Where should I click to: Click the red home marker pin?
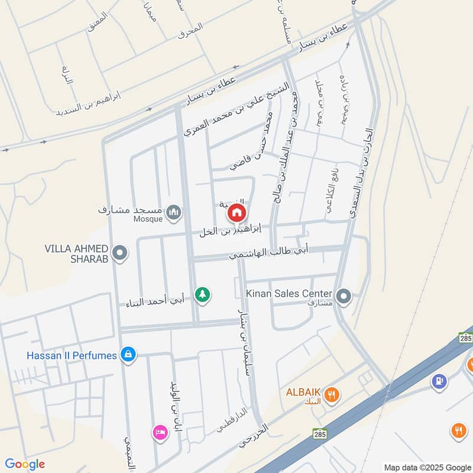[x=237, y=213]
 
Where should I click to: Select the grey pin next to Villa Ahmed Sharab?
[x=120, y=254]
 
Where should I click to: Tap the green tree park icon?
[x=203, y=294]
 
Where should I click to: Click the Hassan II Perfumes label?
[x=72, y=355]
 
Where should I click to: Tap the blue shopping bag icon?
[x=127, y=355]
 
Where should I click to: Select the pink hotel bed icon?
[x=160, y=432]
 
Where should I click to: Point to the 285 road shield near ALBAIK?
[x=320, y=433]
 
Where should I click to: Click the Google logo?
[x=25, y=464]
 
